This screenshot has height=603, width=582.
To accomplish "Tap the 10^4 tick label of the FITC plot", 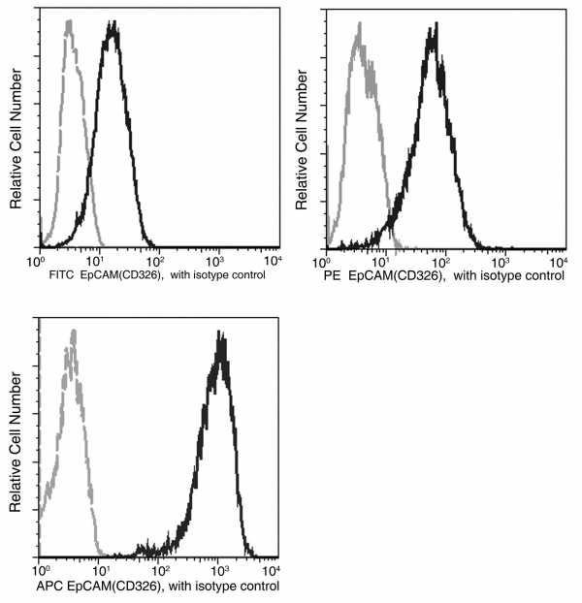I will [x=273, y=259].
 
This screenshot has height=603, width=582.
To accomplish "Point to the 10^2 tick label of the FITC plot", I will [x=155, y=259].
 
